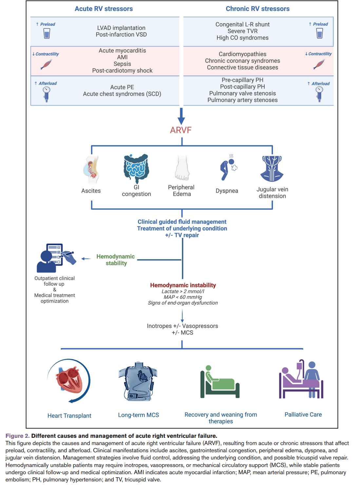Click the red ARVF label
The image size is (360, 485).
coord(180,130)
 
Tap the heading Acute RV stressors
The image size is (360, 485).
coord(104,9)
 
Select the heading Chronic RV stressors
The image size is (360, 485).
coord(257,9)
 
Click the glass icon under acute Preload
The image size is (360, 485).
coord(47,33)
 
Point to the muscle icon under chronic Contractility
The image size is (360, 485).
coord(319,64)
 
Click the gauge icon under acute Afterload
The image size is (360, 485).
coord(47,94)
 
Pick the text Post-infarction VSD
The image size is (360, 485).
coord(121,35)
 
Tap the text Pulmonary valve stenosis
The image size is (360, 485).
coord(242,93)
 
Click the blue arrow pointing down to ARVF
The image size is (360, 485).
coord(181,116)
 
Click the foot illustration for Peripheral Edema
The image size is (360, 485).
coord(182,168)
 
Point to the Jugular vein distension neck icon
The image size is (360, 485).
coord(272,169)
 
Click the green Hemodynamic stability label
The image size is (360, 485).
coord(116,260)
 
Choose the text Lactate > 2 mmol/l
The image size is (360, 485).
coord(183,291)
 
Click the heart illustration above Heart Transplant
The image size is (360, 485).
coord(69,380)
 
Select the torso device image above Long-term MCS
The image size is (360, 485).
coord(138,382)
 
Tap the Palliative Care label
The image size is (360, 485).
coord(303,415)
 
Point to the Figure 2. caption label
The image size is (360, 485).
coord(17,436)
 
